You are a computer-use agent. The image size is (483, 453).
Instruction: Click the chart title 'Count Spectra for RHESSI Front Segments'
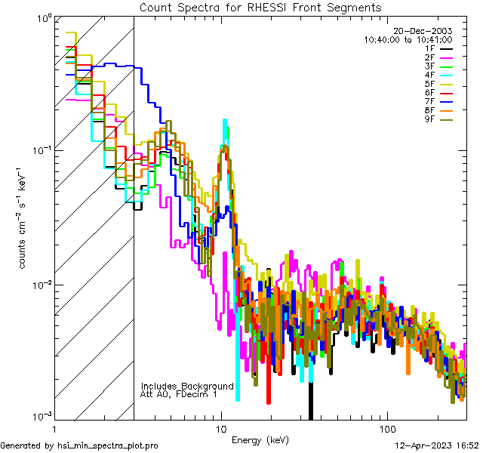[x=260, y=7]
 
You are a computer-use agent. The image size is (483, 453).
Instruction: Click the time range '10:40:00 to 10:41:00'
[x=408, y=40]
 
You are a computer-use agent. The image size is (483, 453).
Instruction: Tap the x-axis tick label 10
[x=220, y=429]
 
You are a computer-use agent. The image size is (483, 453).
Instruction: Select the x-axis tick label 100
[x=386, y=429]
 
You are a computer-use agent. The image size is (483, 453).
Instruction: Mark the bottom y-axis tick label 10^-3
[x=40, y=416]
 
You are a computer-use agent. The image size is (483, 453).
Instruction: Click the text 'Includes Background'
[x=187, y=386]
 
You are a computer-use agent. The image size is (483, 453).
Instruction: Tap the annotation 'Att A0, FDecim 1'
[x=179, y=394]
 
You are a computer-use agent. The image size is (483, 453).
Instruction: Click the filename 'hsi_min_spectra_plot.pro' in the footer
[x=108, y=445]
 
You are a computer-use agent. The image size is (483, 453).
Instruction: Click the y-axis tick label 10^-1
[x=40, y=149]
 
